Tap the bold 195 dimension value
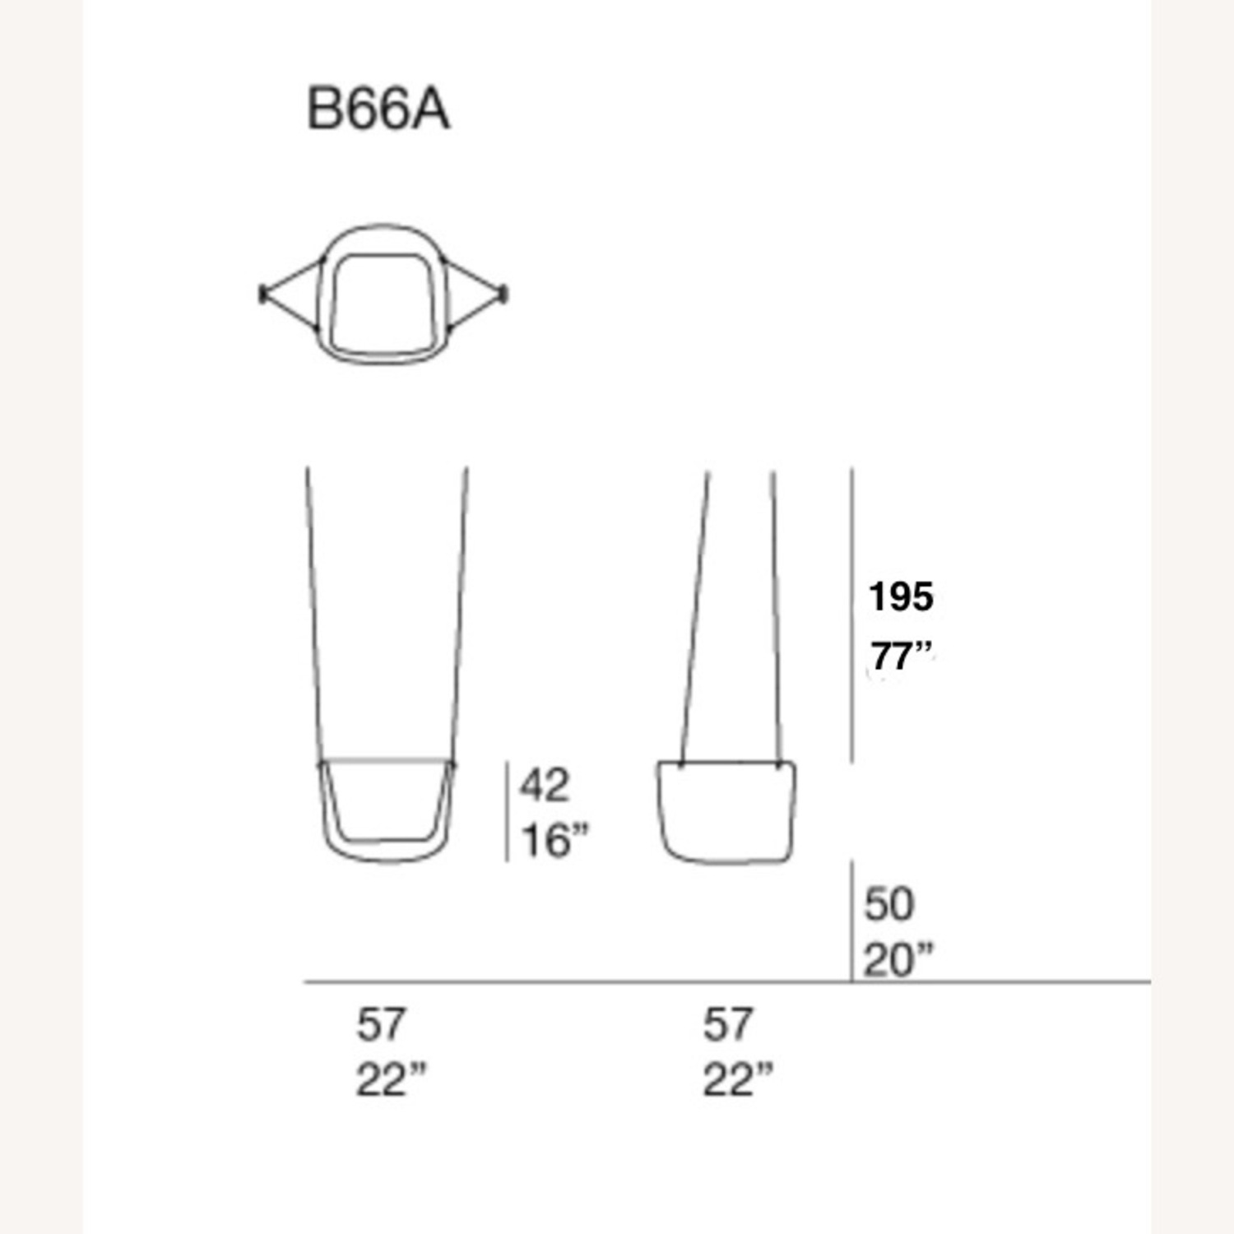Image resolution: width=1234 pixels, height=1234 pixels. [901, 596]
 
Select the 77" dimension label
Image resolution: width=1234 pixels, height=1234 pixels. [902, 657]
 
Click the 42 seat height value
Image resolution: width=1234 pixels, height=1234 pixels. [544, 786]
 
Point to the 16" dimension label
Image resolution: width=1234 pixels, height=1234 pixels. [555, 841]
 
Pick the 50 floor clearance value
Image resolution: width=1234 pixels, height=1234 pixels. [888, 904]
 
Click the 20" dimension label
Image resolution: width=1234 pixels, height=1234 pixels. [898, 960]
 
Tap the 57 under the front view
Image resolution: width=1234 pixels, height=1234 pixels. [381, 1025]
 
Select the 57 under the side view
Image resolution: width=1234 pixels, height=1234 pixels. [728, 1025]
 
